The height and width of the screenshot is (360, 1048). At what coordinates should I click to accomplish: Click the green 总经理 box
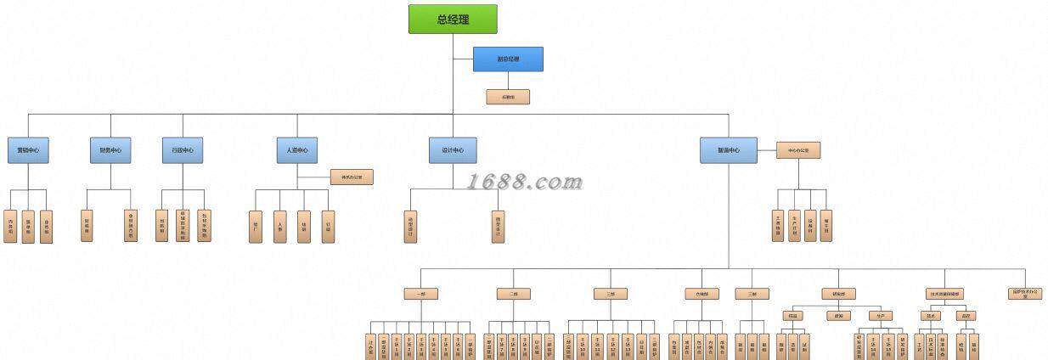[x=453, y=19]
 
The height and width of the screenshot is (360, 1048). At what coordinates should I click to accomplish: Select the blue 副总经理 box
[x=508, y=59]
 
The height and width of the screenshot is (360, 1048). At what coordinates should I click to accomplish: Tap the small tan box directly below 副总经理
[x=508, y=97]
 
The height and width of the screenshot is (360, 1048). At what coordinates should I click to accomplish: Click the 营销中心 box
[x=29, y=150]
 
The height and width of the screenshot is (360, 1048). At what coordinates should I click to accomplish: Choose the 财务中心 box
[x=110, y=150]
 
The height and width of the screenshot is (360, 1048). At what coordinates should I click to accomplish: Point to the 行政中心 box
[x=183, y=150]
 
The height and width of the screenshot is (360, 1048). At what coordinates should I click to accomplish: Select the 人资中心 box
[x=297, y=150]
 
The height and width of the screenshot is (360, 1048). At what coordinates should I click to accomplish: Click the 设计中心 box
[x=453, y=150]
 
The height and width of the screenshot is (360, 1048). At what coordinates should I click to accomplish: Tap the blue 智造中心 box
[x=729, y=150]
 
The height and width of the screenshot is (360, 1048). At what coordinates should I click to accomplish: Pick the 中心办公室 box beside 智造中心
[x=798, y=150]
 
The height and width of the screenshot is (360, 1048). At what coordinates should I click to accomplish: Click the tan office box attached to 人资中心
[x=352, y=177]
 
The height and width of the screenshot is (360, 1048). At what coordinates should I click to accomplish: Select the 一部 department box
[x=420, y=294]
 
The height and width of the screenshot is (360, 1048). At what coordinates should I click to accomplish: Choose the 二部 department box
[x=514, y=294]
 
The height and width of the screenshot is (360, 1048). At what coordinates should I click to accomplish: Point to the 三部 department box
[x=611, y=294]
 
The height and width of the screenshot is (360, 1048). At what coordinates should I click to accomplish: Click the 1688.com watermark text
[x=525, y=182]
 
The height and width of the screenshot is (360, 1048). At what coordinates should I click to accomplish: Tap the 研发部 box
[x=838, y=294]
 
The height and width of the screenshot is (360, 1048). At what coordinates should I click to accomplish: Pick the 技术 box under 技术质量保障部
[x=931, y=315]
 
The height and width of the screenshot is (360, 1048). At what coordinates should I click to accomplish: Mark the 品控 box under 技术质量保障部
[x=966, y=315]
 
